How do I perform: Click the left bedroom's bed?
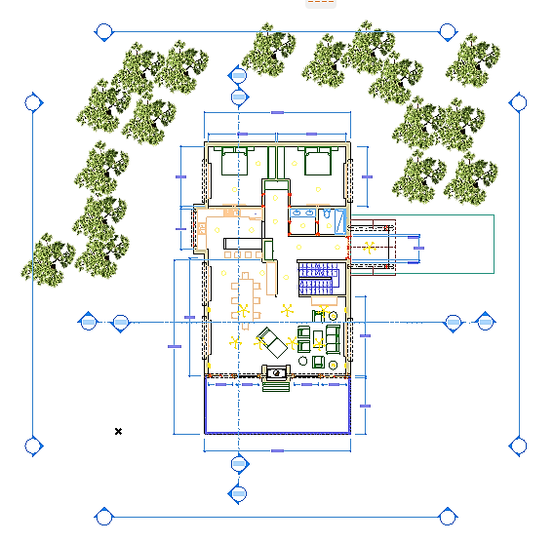(x=235, y=161)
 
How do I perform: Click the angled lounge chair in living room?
(x=272, y=341)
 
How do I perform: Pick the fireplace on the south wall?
(x=277, y=371)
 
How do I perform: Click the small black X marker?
(x=118, y=431)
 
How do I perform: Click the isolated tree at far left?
(x=50, y=255)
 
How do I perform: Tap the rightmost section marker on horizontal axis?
(x=485, y=323)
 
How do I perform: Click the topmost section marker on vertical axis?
(x=237, y=75)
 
